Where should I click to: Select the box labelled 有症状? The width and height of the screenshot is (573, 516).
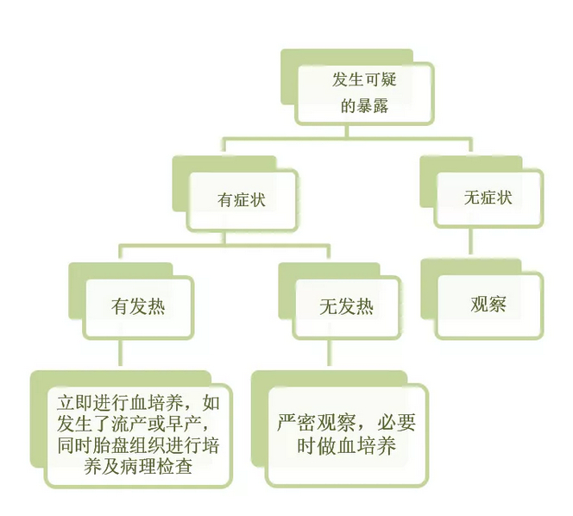click(242, 199)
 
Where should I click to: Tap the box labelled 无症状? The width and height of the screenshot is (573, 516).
click(488, 197)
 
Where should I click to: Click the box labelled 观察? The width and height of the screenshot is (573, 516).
click(488, 305)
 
